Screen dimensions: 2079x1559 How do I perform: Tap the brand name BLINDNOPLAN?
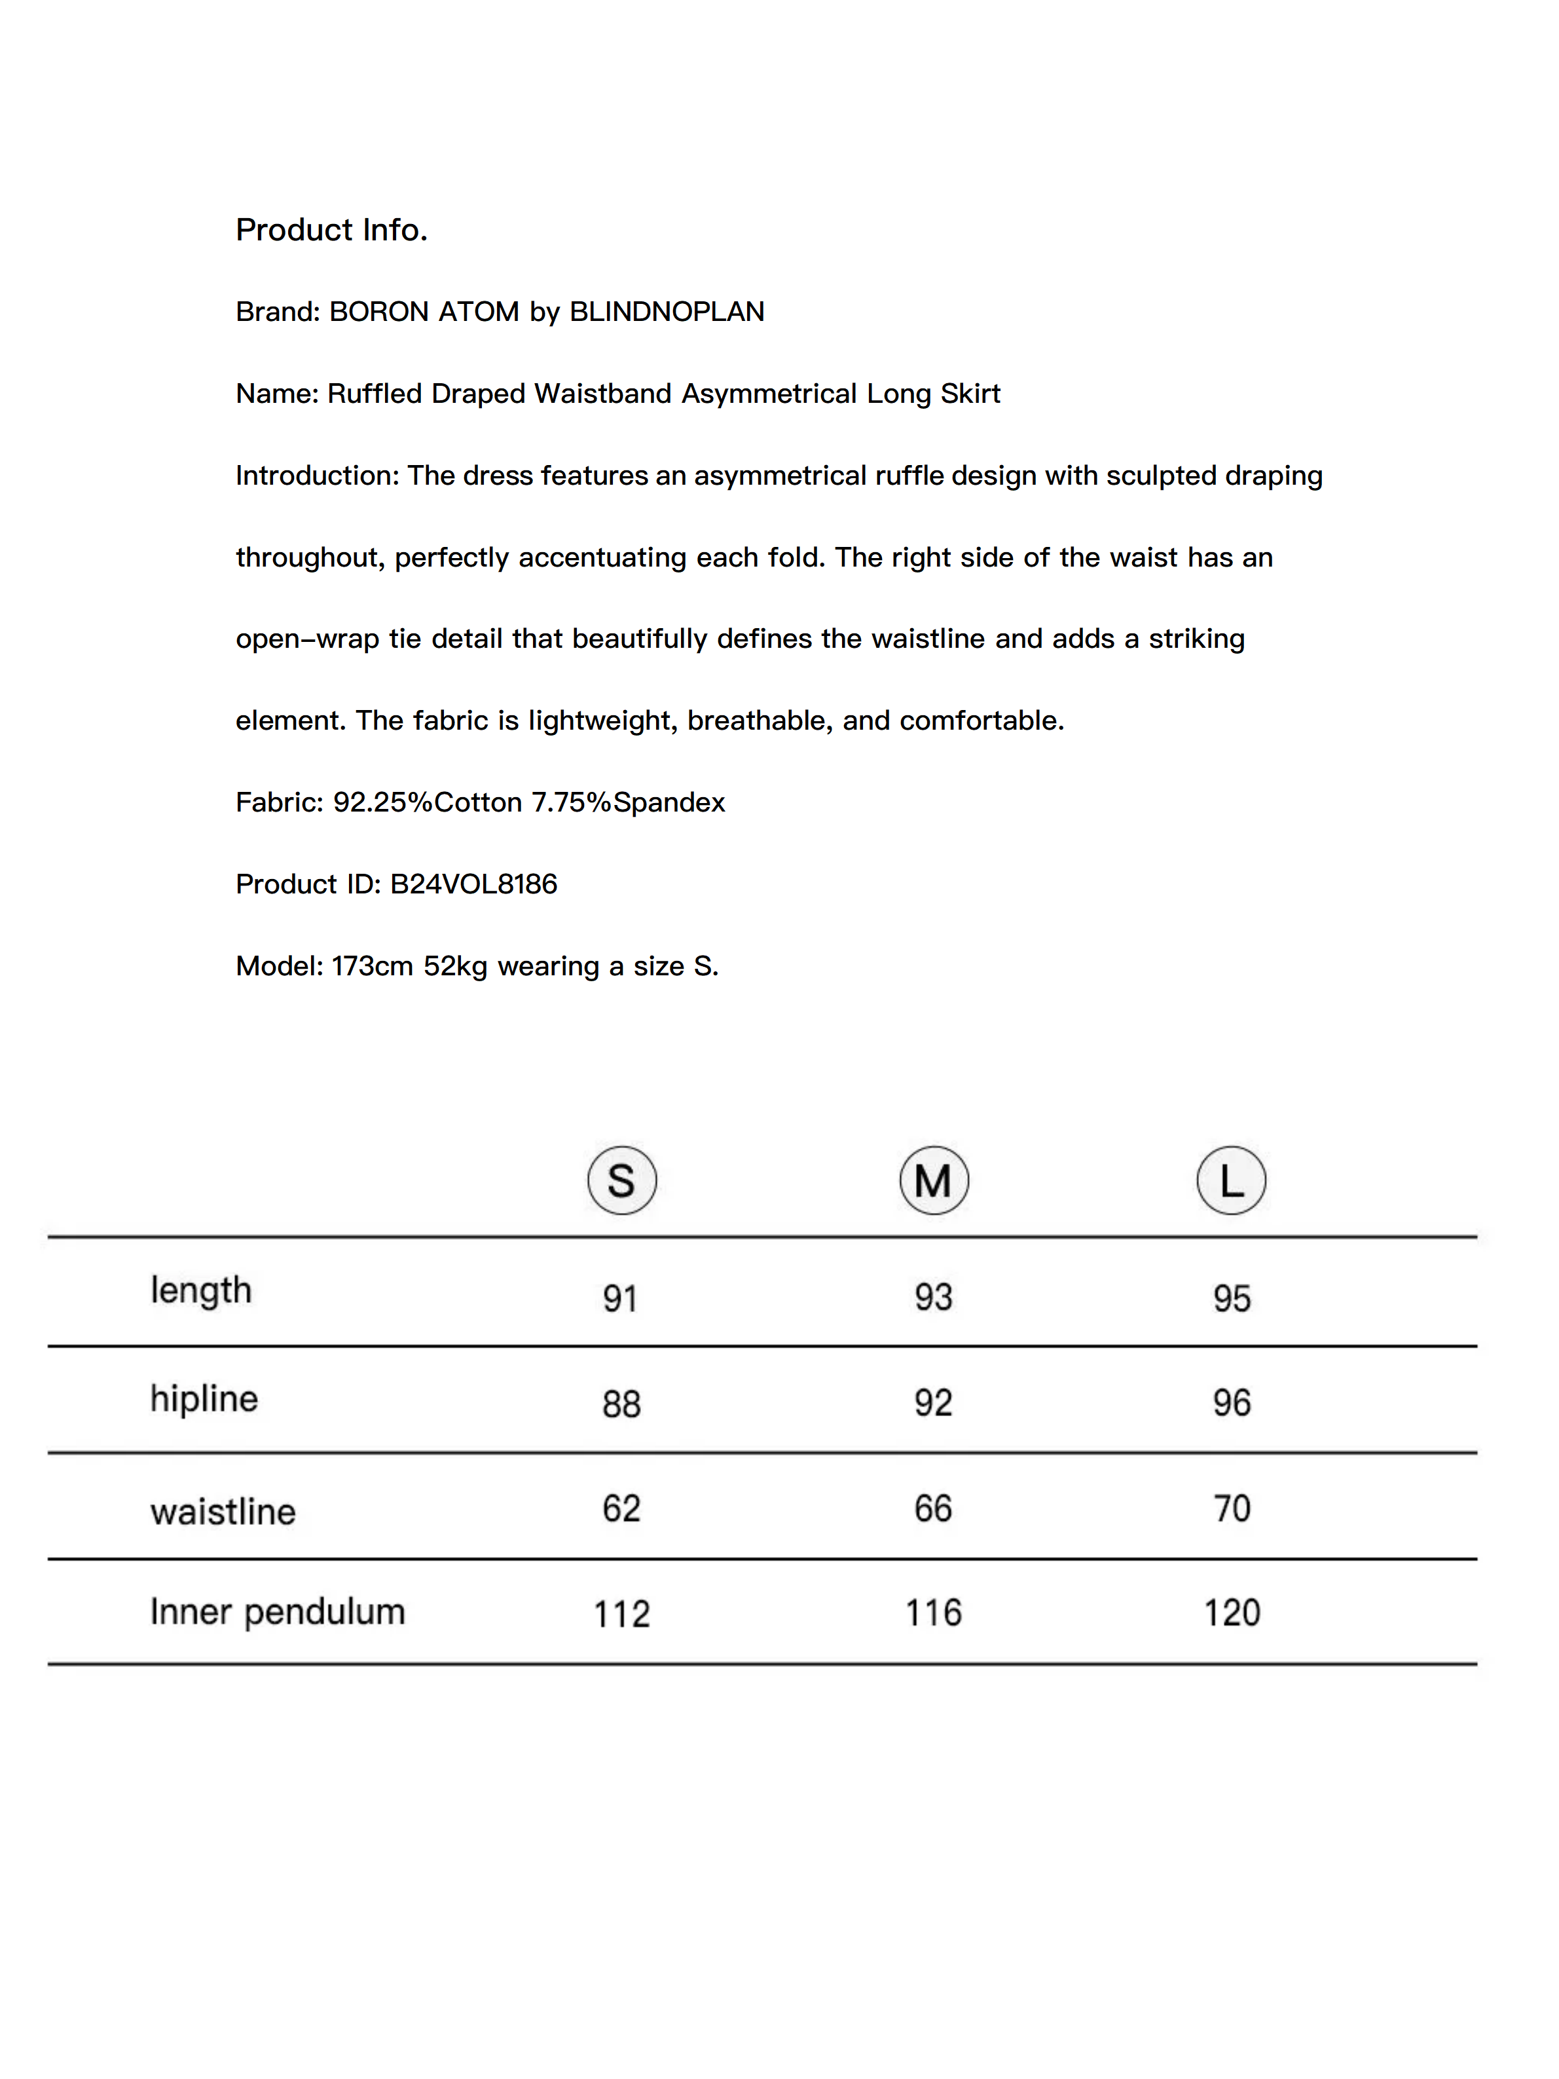[x=667, y=312]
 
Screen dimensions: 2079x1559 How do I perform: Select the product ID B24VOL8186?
[x=473, y=884]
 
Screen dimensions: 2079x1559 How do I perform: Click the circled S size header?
[x=621, y=1180]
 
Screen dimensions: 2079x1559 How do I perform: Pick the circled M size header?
[x=933, y=1180]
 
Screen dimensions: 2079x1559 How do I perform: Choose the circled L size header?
[x=1231, y=1180]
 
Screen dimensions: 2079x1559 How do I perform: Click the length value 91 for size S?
[x=620, y=1299]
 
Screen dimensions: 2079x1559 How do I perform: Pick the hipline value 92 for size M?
[x=933, y=1403]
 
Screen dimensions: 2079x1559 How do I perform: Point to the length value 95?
[x=1231, y=1299]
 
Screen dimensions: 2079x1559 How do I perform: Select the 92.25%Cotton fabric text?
[x=427, y=802]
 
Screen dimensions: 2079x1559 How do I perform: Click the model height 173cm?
[x=372, y=966]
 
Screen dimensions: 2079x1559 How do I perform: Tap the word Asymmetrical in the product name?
[x=769, y=394]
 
